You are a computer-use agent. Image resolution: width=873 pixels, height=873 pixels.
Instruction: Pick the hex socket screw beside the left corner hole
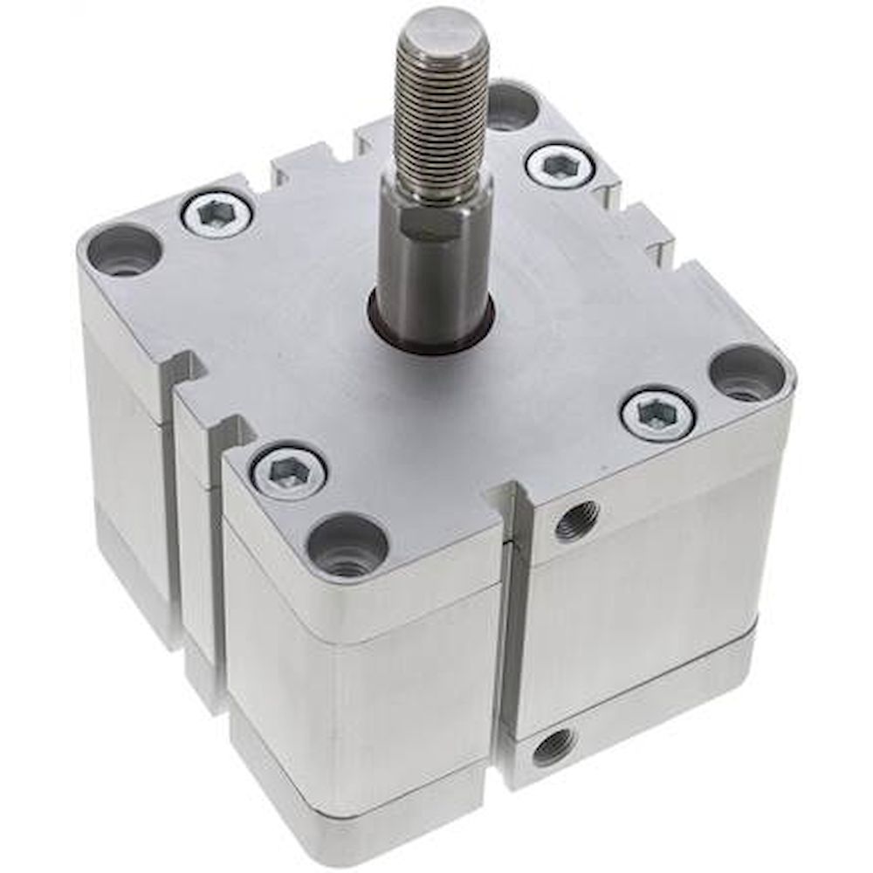click(217, 212)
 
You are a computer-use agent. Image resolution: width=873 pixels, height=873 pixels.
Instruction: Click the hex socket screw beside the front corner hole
click(288, 471)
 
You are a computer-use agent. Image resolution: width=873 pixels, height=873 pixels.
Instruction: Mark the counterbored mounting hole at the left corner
click(125, 249)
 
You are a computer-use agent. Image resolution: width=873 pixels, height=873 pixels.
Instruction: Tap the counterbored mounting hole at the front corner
click(347, 546)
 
